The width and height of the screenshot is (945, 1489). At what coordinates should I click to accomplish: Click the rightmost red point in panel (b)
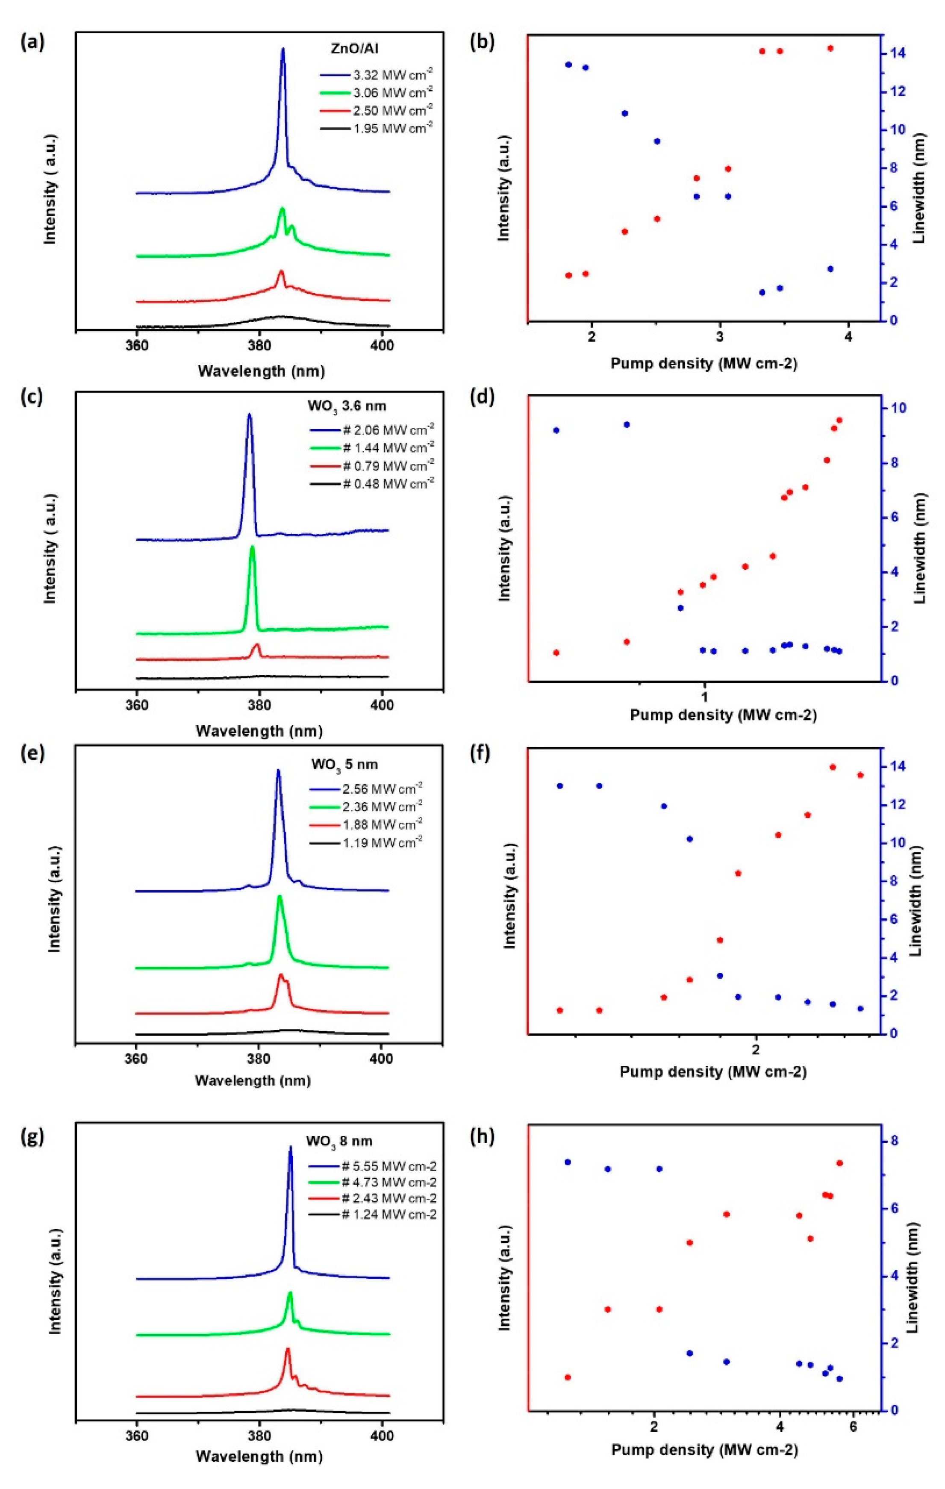830,48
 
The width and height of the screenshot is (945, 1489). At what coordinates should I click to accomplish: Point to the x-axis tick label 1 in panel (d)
704,696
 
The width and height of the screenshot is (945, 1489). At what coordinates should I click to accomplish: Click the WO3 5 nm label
344,764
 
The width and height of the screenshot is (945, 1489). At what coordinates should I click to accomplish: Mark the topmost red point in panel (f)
833,767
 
